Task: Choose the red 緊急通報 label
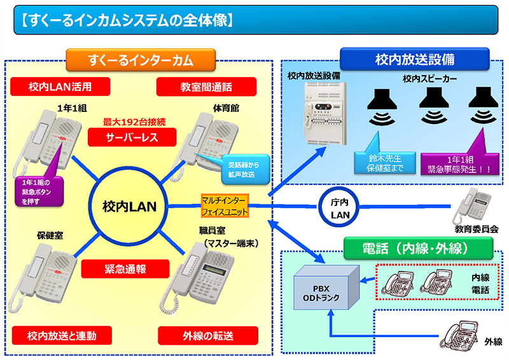pos(124,268)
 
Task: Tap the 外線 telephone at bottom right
pos(460,337)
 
